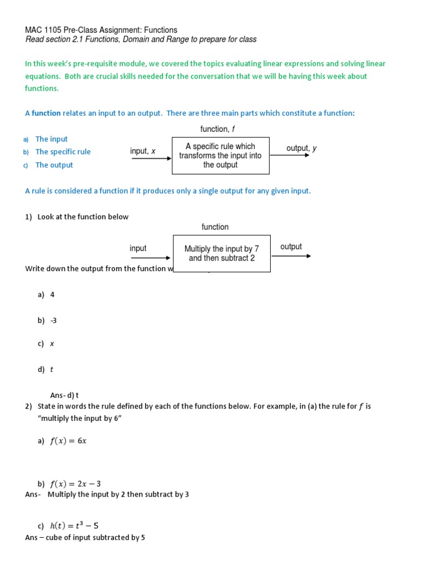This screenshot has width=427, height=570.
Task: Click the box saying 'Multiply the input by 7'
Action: [x=221, y=253]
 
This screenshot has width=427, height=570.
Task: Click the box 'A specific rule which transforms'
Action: [x=220, y=155]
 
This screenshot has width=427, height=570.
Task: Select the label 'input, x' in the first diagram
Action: [x=143, y=151]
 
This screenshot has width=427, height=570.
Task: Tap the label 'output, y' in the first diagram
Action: [x=301, y=148]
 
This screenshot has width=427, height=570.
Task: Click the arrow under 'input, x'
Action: [x=151, y=159]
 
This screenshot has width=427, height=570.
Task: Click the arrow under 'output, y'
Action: [x=289, y=155]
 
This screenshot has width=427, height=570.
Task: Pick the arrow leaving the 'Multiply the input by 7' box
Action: [x=290, y=256]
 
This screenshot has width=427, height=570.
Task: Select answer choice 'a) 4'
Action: [x=46, y=295]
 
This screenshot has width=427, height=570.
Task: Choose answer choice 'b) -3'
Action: [x=47, y=321]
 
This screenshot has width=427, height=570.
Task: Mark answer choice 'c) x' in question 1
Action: [x=46, y=344]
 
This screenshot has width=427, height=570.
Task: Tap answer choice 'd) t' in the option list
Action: [x=46, y=370]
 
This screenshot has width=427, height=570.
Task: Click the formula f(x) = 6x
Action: [x=68, y=441]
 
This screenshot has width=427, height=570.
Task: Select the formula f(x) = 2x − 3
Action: [x=75, y=484]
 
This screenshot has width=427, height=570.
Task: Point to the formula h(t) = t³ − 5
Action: [x=74, y=525]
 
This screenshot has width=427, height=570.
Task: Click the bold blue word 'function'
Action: [x=46, y=113]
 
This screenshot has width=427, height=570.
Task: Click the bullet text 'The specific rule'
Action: [x=63, y=151]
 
